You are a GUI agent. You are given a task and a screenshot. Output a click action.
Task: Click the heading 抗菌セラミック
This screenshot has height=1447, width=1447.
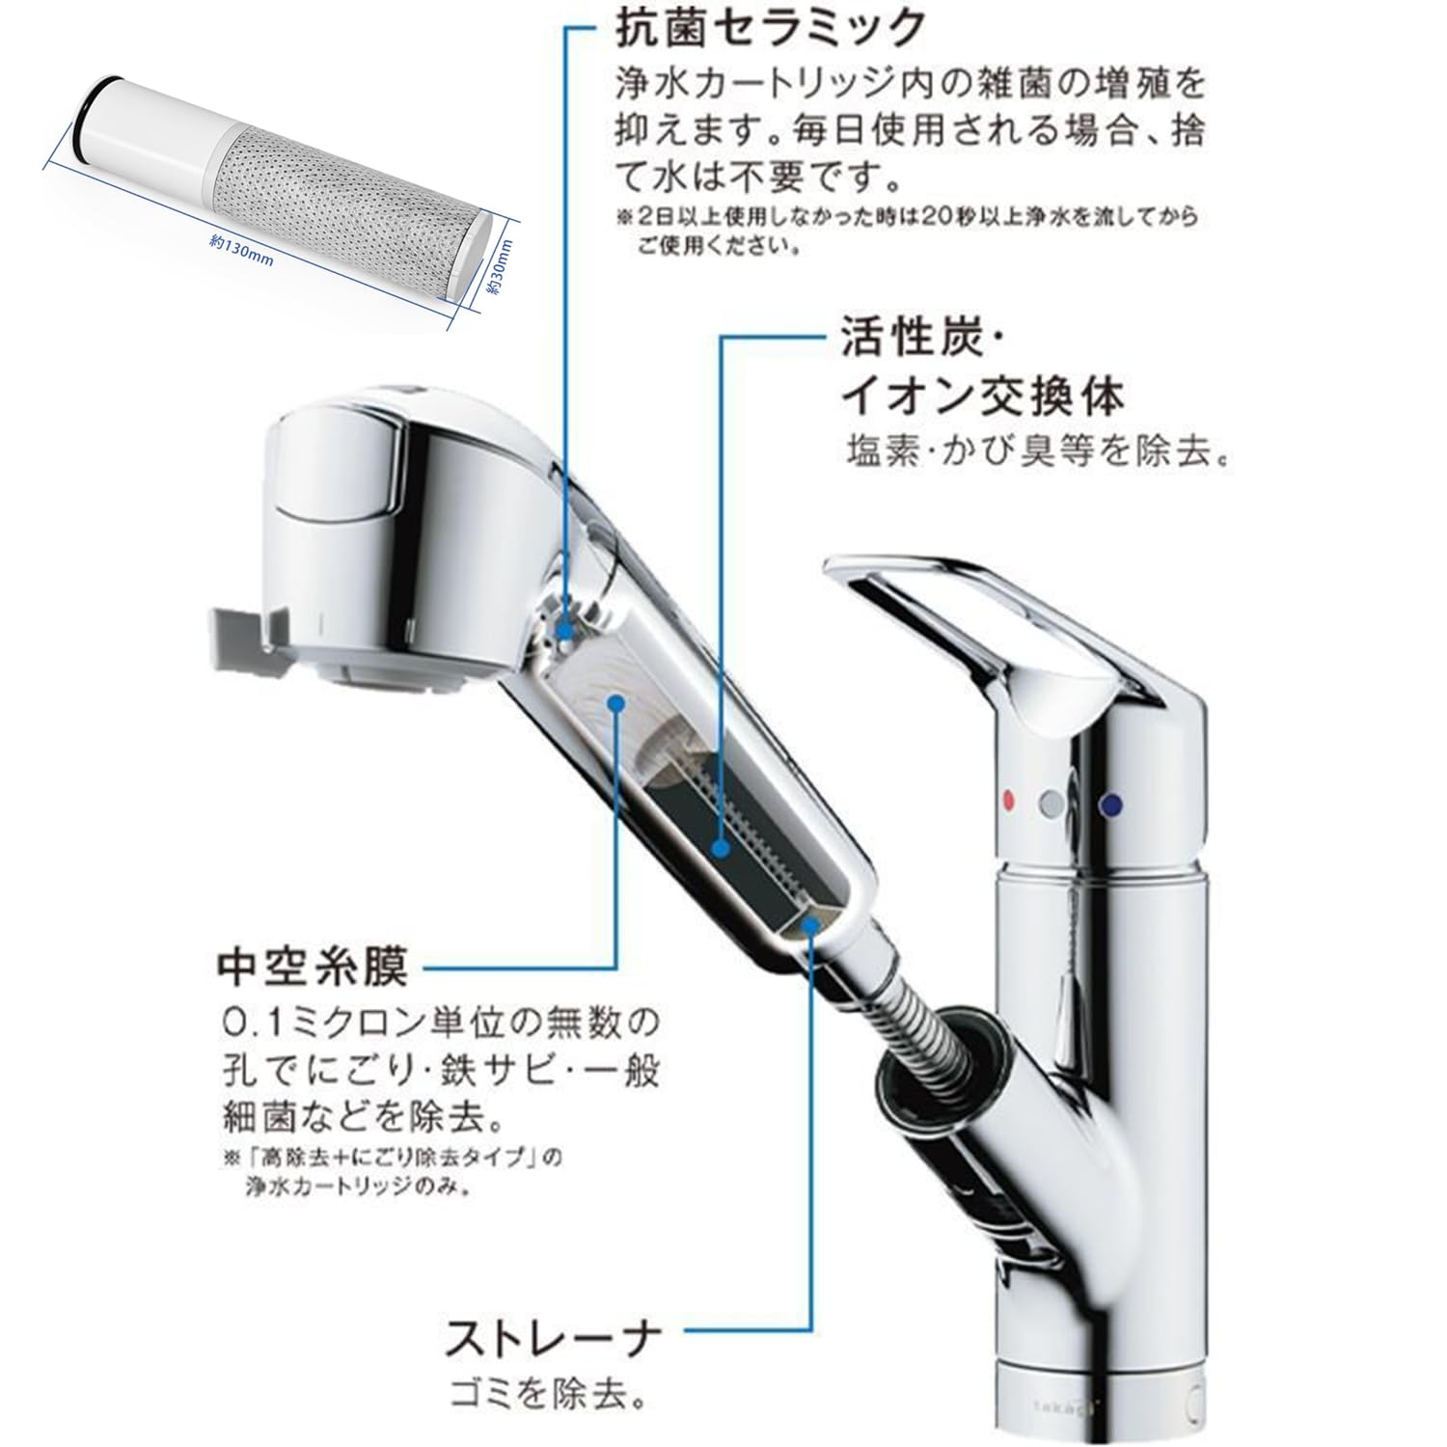click(x=770, y=28)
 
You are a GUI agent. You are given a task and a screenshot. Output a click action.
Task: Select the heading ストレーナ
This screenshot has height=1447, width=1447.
click(x=553, y=1338)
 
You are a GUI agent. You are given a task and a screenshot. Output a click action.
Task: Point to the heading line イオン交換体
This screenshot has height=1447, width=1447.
click(x=983, y=396)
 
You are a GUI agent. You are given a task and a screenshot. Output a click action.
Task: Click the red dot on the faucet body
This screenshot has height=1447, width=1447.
click(x=1010, y=799)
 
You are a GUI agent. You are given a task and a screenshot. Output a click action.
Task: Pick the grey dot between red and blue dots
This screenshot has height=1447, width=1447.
click(x=1052, y=801)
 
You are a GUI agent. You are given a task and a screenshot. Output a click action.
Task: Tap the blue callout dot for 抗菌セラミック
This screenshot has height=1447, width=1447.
click(x=565, y=628)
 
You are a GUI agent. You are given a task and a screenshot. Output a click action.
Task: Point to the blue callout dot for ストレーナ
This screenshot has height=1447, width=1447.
click(x=808, y=923)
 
